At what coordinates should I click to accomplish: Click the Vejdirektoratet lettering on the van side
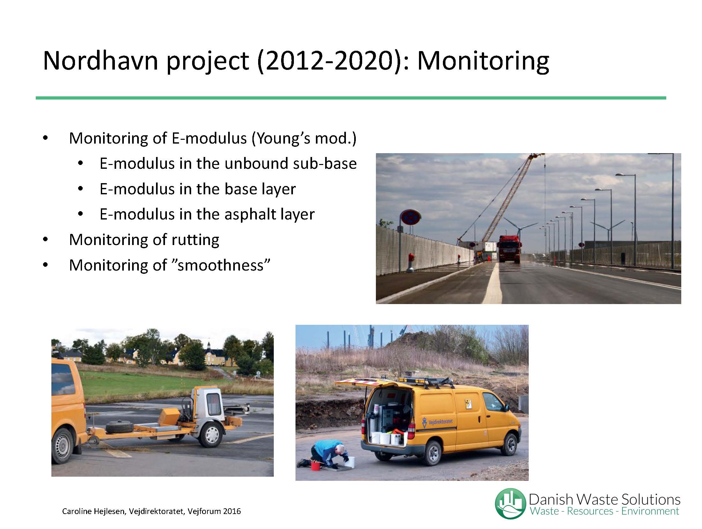[x=440, y=422]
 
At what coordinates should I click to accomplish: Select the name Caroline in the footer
[x=77, y=511]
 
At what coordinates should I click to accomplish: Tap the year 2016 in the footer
[x=232, y=511]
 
